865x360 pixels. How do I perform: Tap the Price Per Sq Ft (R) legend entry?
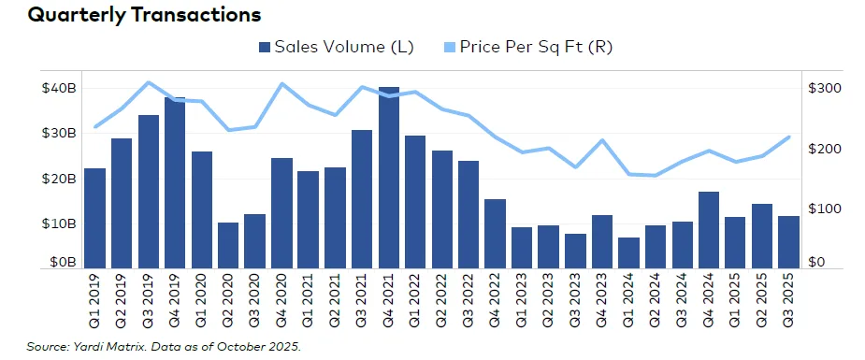click(529, 47)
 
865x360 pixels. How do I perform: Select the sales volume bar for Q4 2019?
click(175, 182)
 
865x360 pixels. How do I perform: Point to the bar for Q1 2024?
click(629, 252)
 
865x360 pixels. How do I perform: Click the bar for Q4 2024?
click(709, 230)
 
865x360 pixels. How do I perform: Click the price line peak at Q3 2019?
click(149, 82)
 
